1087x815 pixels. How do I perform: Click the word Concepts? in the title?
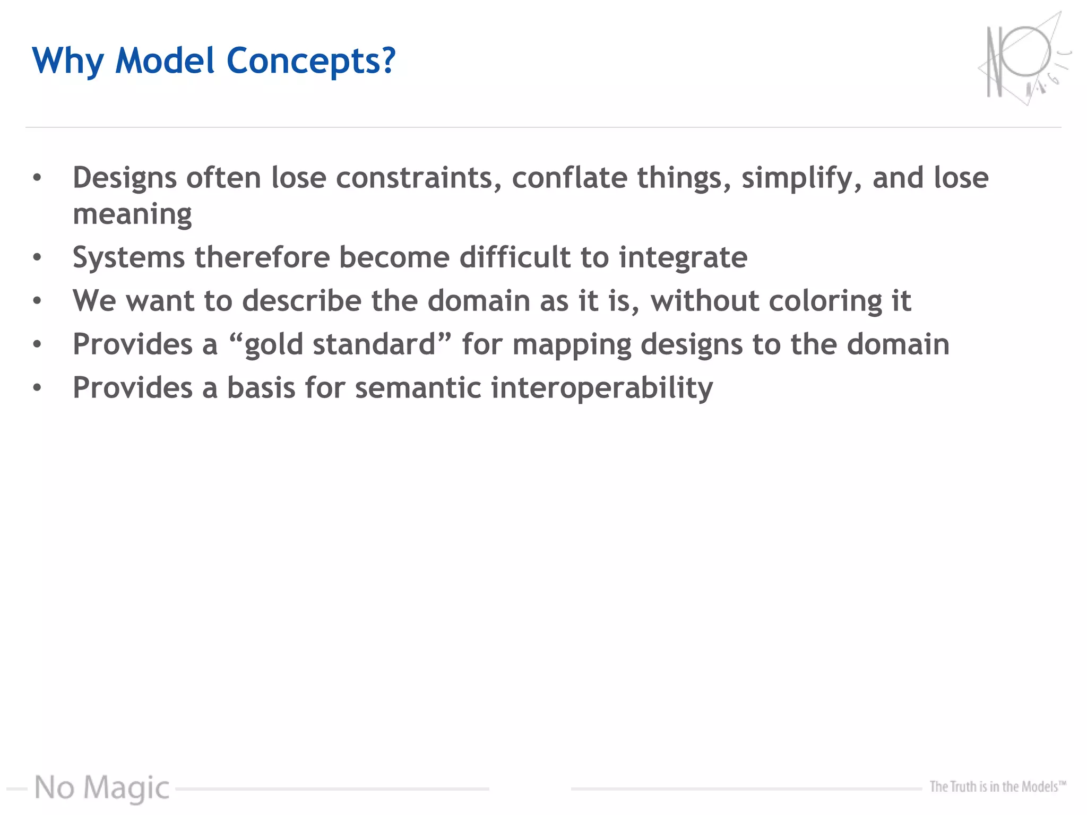click(311, 61)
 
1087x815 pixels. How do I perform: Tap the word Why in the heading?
click(67, 61)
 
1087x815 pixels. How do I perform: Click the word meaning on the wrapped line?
click(132, 214)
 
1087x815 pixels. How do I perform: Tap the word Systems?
click(128, 258)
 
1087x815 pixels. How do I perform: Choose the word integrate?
click(683, 258)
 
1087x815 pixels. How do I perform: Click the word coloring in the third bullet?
click(825, 301)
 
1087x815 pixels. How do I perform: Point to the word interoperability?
click(602, 388)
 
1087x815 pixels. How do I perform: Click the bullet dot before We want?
click(37, 301)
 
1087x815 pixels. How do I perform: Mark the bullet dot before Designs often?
click(37, 178)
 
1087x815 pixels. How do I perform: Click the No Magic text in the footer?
click(102, 787)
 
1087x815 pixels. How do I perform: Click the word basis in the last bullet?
click(261, 388)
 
